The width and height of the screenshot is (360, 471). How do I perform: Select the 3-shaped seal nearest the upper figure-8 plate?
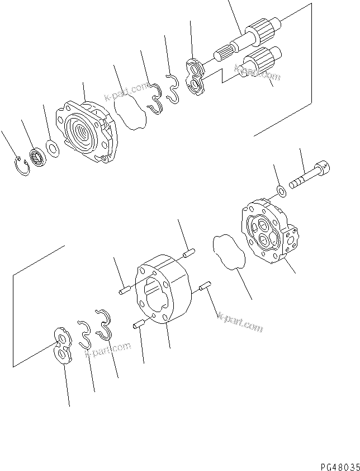click(x=174, y=88)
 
